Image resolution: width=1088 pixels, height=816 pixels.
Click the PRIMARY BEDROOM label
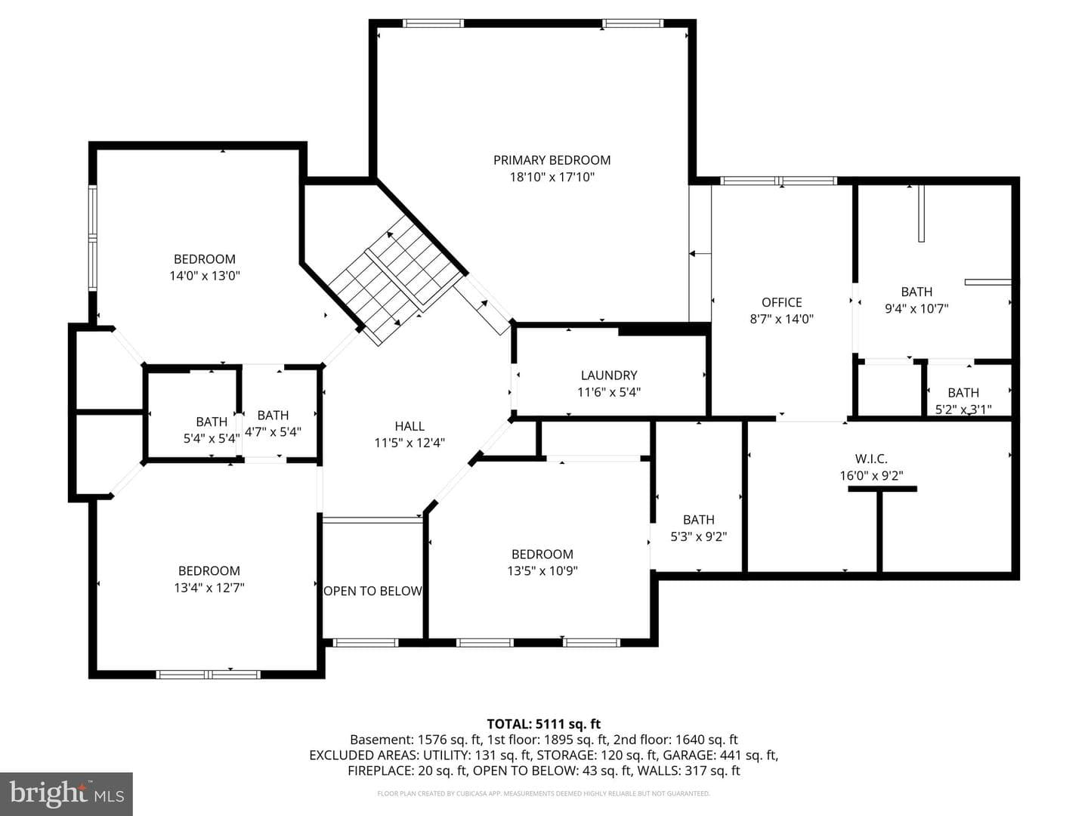click(552, 160)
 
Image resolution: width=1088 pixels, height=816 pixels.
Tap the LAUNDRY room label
click(609, 375)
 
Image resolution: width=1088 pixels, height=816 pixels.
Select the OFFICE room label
click(782, 302)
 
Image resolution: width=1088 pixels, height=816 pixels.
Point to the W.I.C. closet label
click(871, 459)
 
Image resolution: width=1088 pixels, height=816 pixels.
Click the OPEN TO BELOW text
click(372, 591)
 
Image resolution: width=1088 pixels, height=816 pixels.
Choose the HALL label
click(410, 426)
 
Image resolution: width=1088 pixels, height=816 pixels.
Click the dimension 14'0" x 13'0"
click(205, 276)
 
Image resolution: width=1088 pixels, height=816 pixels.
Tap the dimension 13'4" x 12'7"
click(209, 588)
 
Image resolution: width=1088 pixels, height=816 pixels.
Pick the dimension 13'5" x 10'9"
click(542, 570)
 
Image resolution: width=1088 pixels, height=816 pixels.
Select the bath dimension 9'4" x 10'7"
click(916, 309)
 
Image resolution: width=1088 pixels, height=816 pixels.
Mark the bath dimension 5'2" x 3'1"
click(963, 410)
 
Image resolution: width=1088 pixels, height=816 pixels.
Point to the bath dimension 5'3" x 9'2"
click(698, 536)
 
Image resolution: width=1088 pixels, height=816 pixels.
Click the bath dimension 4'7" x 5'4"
click(273, 431)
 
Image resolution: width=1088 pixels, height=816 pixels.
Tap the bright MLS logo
click(66, 794)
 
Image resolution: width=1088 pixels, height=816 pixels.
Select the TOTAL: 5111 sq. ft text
click(544, 725)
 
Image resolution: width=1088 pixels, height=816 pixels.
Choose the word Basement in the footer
click(382, 740)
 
